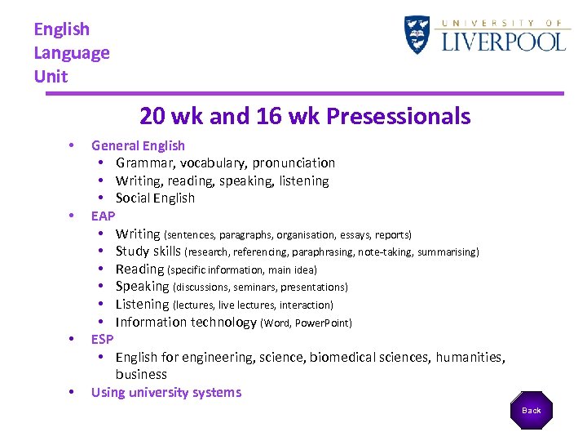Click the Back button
532,410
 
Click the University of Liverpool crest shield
417,35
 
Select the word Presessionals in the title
398,116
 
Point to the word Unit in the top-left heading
51,77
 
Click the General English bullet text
138,145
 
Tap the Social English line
155,198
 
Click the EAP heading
103,216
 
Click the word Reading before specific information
139,269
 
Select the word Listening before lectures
142,305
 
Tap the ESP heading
102,340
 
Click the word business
141,375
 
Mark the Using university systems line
166,393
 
